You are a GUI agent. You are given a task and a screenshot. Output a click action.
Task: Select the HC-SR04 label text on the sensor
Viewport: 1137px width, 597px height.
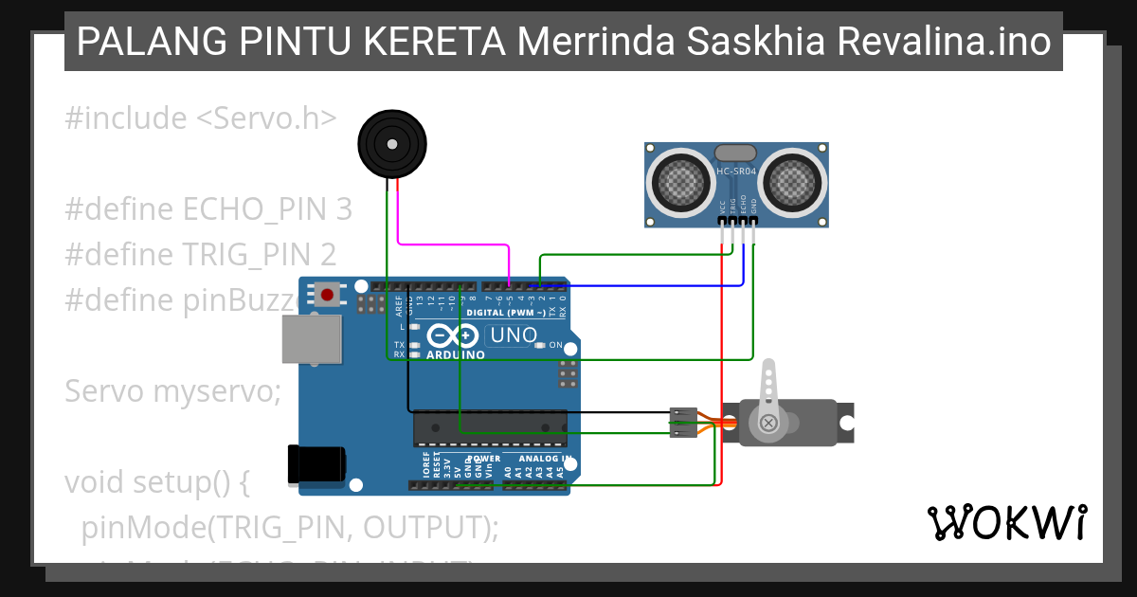click(x=736, y=172)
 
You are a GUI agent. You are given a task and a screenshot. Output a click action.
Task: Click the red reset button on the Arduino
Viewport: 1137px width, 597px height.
click(x=327, y=294)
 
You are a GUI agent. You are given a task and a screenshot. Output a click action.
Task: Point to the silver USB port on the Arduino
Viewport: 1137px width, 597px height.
click(x=311, y=339)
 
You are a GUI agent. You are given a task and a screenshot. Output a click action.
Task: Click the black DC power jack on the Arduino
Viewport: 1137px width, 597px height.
click(x=315, y=465)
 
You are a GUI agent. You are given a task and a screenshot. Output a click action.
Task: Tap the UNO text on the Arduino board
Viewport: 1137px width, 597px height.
click(x=514, y=335)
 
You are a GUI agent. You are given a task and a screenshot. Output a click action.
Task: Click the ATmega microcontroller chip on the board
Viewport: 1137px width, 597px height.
click(x=490, y=428)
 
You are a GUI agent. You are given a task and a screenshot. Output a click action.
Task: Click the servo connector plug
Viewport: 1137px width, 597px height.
click(x=682, y=423)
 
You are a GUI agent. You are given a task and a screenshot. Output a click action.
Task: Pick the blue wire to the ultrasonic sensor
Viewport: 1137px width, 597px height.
click(x=654, y=284)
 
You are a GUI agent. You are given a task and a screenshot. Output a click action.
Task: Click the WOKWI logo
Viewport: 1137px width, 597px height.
click(x=1006, y=522)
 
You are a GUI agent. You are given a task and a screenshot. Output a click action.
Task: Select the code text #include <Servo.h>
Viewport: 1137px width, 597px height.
click(x=201, y=118)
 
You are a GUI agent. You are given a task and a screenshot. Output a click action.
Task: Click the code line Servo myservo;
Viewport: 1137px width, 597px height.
click(x=172, y=390)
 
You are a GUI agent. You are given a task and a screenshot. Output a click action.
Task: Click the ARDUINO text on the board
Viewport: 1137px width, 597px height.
click(x=455, y=354)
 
